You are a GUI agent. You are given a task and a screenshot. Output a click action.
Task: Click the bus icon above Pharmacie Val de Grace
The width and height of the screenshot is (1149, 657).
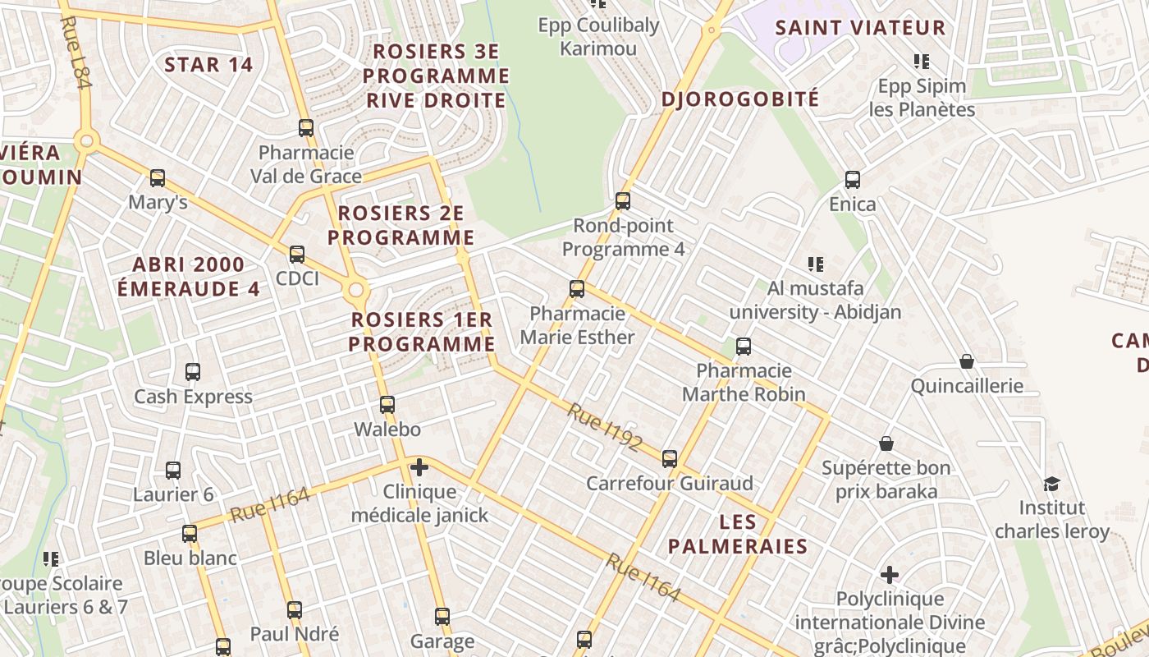pyautogui.click(x=306, y=128)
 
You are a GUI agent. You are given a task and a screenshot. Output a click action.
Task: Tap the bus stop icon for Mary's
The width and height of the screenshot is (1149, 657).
pyautogui.click(x=158, y=178)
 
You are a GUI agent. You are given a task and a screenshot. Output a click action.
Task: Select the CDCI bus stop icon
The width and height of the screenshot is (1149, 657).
pyautogui.click(x=297, y=255)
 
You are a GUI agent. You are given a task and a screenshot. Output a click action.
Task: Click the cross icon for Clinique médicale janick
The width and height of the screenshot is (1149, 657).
pyautogui.click(x=419, y=467)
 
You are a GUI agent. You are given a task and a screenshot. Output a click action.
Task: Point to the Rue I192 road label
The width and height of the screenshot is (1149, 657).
pyautogui.click(x=604, y=427)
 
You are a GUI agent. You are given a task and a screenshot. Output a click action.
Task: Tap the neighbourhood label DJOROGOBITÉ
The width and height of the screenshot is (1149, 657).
pyautogui.click(x=740, y=99)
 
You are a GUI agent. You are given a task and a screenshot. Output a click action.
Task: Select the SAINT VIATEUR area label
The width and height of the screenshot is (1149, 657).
pyautogui.click(x=860, y=27)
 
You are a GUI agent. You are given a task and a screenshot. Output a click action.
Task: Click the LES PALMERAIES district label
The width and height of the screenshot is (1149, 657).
pyautogui.click(x=737, y=534)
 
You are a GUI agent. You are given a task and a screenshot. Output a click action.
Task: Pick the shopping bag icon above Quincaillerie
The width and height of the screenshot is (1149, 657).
pyautogui.click(x=967, y=361)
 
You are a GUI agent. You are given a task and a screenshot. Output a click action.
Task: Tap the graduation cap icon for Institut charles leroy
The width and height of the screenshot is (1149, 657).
pyautogui.click(x=1051, y=484)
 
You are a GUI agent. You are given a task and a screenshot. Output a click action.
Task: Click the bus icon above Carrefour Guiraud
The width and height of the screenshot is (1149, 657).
pyautogui.click(x=670, y=458)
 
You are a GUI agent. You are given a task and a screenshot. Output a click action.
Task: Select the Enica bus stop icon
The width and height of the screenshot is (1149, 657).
pyautogui.click(x=853, y=180)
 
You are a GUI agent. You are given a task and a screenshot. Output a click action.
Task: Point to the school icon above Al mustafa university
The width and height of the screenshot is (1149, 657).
pyautogui.click(x=815, y=264)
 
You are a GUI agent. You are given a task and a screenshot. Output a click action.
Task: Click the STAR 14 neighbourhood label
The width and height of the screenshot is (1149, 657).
pyautogui.click(x=208, y=64)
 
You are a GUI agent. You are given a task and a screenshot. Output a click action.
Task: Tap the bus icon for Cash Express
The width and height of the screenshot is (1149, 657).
pyautogui.click(x=193, y=372)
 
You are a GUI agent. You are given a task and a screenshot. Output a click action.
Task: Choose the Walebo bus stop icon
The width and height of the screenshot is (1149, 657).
pyautogui.click(x=387, y=405)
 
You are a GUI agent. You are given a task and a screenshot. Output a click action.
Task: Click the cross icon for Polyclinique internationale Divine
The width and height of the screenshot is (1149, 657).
pyautogui.click(x=890, y=574)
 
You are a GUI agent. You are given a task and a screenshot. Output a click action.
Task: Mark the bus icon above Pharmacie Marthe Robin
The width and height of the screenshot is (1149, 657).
pyautogui.click(x=744, y=347)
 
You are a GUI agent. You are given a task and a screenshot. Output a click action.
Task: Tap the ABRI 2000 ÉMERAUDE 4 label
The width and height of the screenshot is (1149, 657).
pyautogui.click(x=189, y=277)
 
